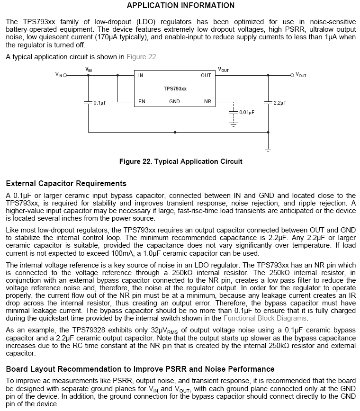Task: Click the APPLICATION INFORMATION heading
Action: click(180, 6)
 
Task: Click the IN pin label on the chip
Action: click(141, 75)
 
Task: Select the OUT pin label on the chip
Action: click(206, 75)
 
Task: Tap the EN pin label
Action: click(142, 102)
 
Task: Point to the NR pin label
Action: click(207, 102)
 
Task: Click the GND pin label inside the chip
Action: click(174, 102)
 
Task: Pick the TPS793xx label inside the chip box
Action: click(175, 89)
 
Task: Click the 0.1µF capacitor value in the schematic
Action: click(99, 102)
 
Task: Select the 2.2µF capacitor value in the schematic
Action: click(280, 102)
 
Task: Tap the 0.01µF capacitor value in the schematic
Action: click(247, 113)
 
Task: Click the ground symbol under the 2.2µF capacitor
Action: click(268, 150)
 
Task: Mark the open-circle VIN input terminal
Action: click(65, 75)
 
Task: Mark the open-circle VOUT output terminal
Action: click(292, 75)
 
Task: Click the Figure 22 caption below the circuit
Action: click(180, 161)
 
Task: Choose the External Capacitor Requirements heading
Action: click(66, 183)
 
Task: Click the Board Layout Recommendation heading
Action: click(140, 369)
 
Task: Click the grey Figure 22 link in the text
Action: click(141, 57)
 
